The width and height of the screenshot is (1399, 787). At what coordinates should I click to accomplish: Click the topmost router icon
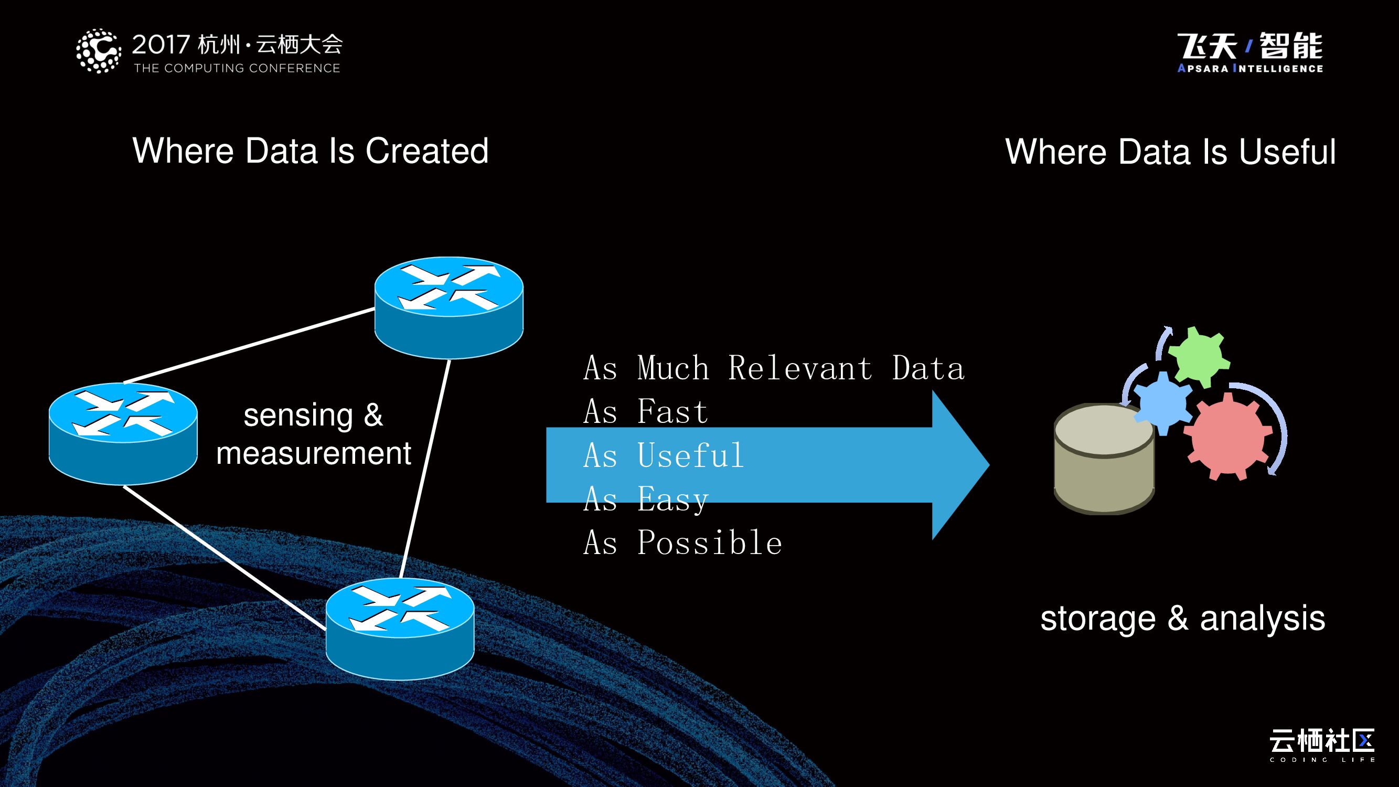click(448, 307)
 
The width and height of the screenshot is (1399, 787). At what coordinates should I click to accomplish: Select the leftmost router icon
click(123, 433)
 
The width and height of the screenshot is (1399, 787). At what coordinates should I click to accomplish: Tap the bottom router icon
click(400, 629)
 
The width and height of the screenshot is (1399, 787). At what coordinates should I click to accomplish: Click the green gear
click(1199, 356)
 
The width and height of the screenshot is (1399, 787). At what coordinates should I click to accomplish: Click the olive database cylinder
click(1104, 461)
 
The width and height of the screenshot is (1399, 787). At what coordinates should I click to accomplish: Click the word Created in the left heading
click(427, 151)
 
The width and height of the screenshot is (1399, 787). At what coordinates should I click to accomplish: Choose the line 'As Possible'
click(682, 543)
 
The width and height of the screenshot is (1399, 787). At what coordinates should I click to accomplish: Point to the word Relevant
click(800, 368)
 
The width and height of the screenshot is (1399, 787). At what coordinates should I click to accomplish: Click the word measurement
click(313, 454)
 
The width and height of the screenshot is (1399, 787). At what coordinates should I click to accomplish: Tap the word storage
click(1097, 619)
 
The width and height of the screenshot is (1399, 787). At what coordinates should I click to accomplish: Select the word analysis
click(1262, 619)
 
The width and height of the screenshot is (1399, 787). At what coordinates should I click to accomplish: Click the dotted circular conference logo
click(98, 51)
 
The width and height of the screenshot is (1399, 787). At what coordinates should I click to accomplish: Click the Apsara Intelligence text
click(1250, 68)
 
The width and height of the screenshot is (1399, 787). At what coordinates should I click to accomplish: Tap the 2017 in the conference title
click(161, 45)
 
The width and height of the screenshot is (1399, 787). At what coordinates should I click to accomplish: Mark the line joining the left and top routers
click(249, 345)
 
